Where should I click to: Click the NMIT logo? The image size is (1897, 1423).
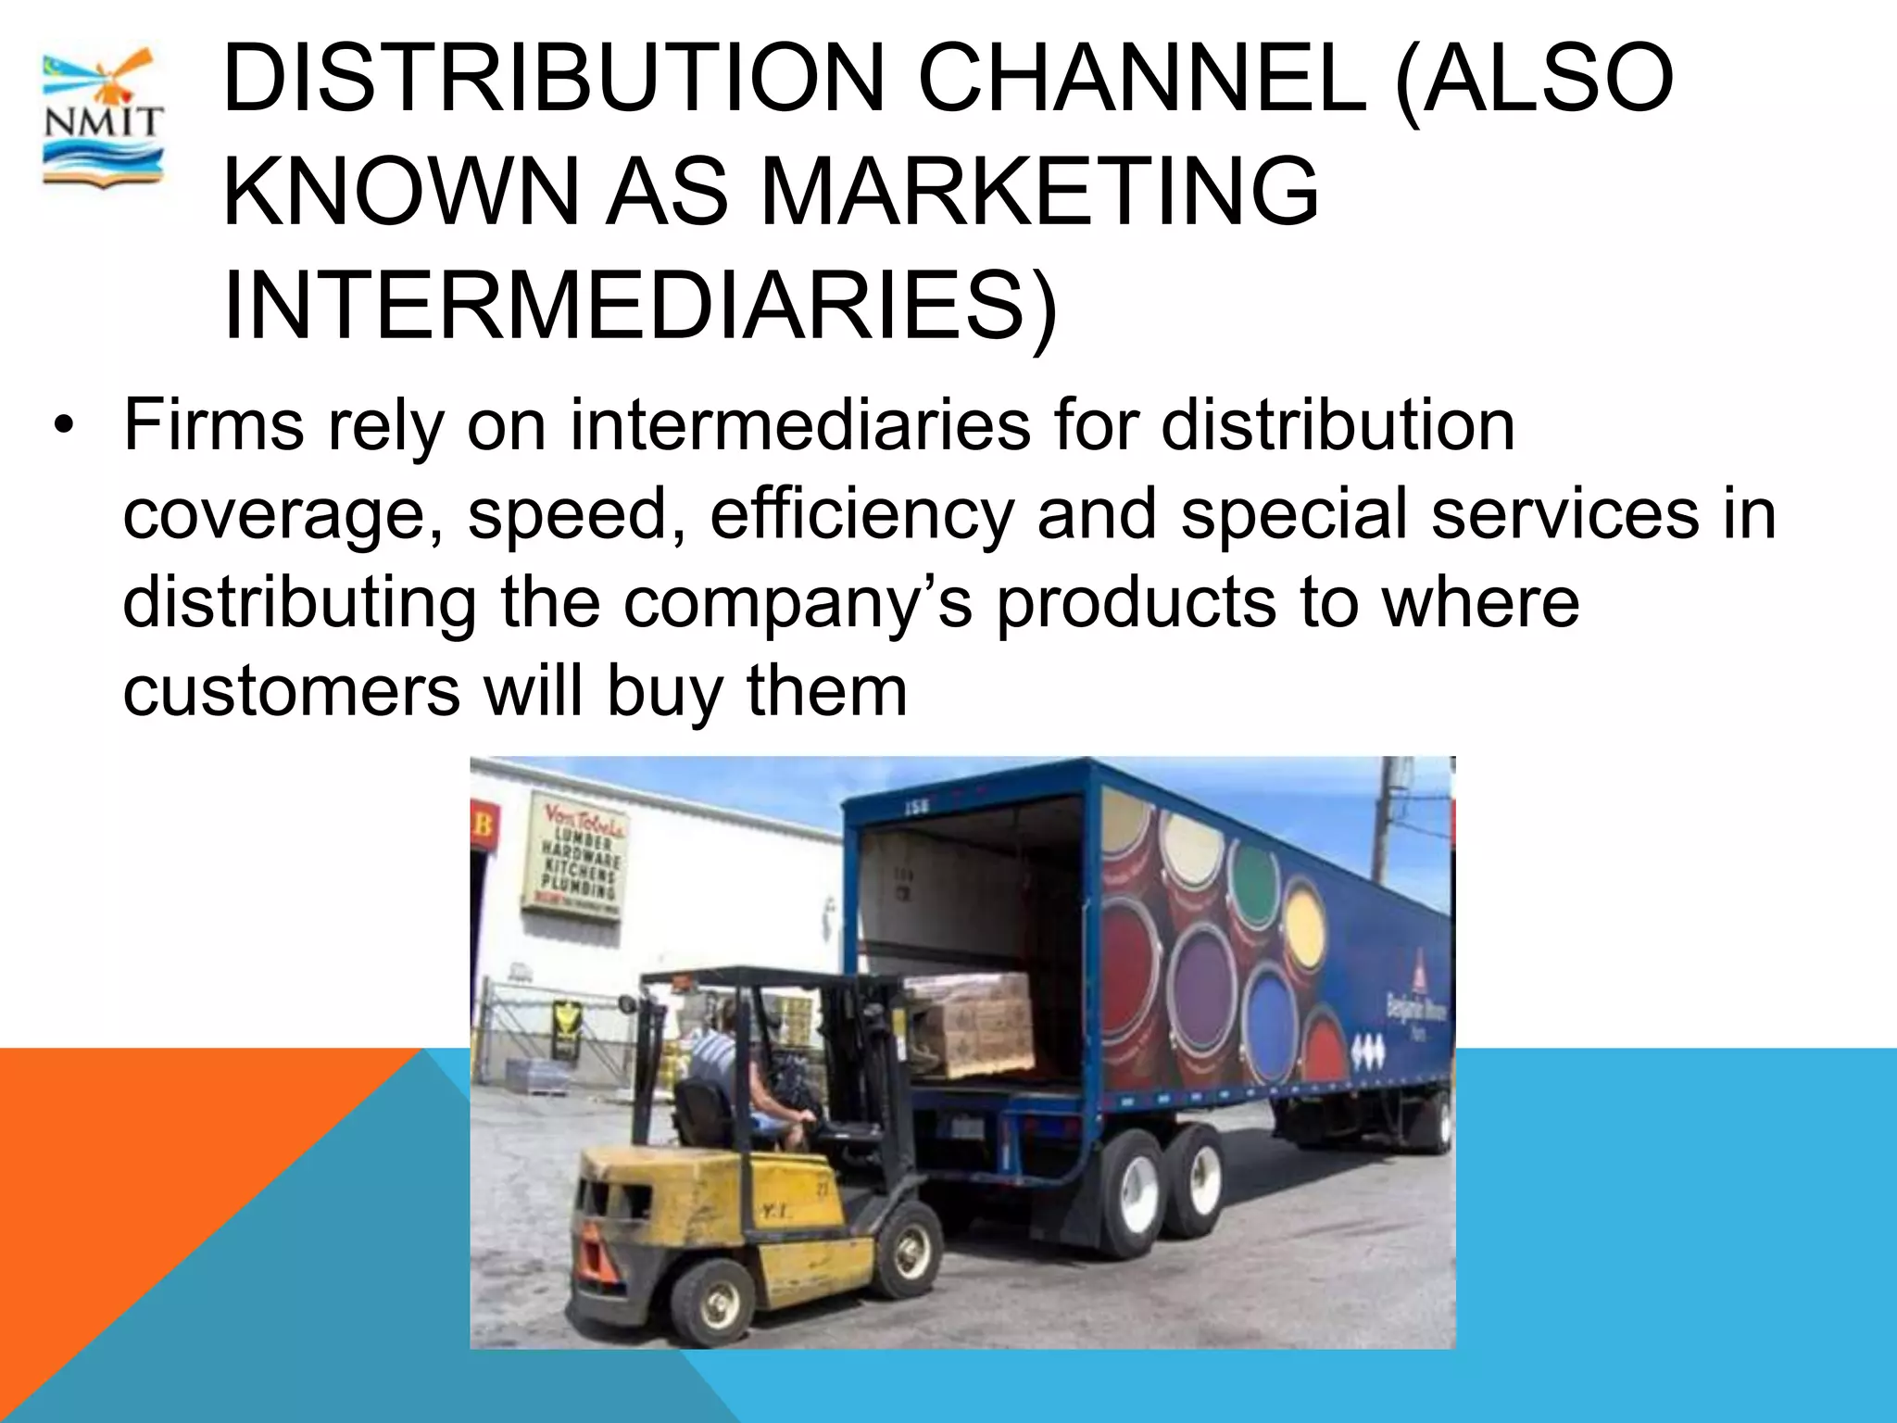[103, 120]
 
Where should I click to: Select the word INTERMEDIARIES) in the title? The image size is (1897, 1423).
[639, 307]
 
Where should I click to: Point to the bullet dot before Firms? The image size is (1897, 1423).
[62, 427]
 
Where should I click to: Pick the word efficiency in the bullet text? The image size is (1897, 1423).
[861, 515]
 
